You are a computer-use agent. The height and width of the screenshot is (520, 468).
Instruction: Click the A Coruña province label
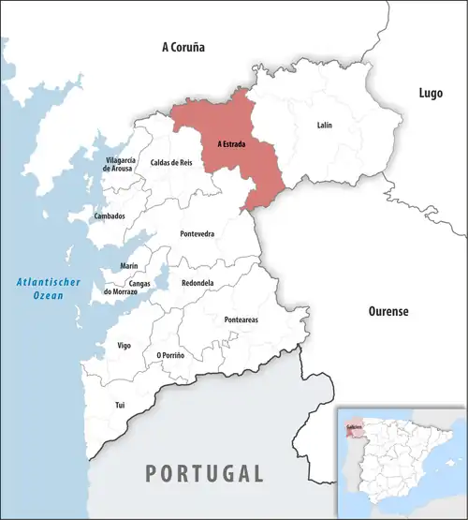183,46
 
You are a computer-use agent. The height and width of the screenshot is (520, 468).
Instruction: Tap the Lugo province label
431,93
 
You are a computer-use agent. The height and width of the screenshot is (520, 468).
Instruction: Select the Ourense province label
388,311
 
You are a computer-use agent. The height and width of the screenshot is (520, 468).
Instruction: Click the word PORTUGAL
204,472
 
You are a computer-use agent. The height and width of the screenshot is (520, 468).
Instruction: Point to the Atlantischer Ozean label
41,290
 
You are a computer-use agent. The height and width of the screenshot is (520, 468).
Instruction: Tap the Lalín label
324,125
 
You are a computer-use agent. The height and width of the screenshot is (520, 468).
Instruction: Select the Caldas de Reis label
171,163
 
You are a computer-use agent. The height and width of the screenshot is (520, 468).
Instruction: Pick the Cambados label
110,216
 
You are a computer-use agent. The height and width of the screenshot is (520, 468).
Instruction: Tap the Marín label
129,266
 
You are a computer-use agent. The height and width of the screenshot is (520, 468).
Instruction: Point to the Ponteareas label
241,319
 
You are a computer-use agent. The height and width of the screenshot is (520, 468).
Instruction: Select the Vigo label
124,346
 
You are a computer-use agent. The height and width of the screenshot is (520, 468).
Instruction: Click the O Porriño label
170,355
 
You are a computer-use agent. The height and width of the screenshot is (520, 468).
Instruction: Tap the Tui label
119,405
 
